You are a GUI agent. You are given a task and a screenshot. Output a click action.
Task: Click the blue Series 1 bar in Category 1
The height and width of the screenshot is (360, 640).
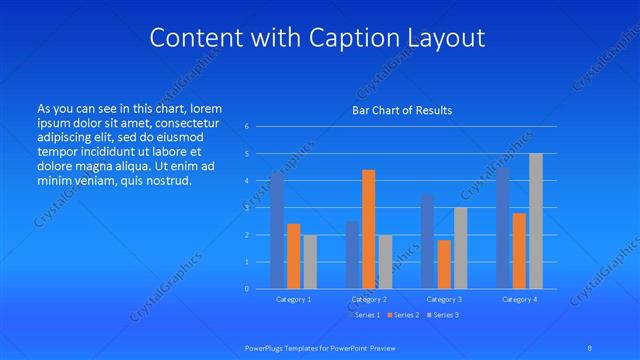[277, 231]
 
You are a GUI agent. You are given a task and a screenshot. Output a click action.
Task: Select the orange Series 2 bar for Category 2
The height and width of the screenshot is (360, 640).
[368, 229]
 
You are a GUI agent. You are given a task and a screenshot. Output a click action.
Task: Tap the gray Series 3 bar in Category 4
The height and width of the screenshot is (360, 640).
[536, 221]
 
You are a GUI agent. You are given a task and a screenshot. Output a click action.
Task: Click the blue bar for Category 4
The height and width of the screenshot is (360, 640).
[503, 228]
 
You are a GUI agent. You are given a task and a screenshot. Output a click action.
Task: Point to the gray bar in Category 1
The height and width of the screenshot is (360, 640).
[310, 262]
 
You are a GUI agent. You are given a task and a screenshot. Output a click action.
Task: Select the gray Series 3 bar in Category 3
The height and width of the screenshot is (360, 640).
[460, 248]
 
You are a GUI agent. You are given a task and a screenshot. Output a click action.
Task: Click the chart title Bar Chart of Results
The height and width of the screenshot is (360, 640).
[402, 110]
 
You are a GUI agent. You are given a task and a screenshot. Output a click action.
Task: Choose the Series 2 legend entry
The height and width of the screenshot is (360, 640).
[404, 315]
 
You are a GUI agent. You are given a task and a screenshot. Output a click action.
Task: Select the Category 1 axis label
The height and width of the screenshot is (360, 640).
[294, 299]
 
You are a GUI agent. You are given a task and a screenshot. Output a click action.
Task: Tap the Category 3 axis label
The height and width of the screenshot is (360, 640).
[444, 299]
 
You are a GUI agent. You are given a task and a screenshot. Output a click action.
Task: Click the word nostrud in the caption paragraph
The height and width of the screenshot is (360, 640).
[167, 181]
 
